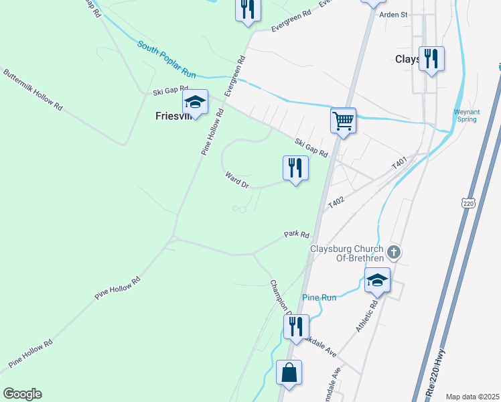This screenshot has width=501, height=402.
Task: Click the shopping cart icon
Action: pyautogui.click(x=343, y=121)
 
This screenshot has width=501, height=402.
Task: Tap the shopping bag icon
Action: pyautogui.click(x=289, y=374)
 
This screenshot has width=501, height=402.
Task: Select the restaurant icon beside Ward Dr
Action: pyautogui.click(x=295, y=168)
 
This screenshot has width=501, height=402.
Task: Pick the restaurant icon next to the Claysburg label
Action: pyautogui.click(x=431, y=59)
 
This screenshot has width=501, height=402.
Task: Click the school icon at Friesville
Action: pyautogui.click(x=195, y=103)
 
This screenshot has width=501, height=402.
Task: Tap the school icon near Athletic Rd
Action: pyautogui.click(x=377, y=280)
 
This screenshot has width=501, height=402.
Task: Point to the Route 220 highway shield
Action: pyautogui.click(x=468, y=202)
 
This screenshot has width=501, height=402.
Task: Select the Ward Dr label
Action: pyautogui.click(x=237, y=180)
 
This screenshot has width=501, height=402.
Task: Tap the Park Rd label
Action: pyautogui.click(x=296, y=235)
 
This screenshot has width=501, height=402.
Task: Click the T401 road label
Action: pyautogui.click(x=399, y=163)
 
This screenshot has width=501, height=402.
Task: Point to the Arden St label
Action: pyautogui.click(x=393, y=14)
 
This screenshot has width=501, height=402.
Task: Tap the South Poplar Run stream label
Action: pyautogui.click(x=166, y=59)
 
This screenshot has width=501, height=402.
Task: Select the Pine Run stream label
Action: pyautogui.click(x=319, y=297)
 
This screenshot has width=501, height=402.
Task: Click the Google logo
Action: pyautogui.click(x=23, y=394)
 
